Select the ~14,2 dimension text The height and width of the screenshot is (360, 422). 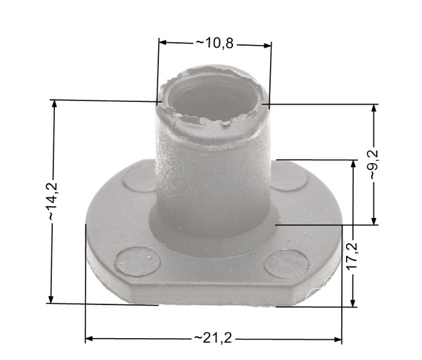tap(53, 202)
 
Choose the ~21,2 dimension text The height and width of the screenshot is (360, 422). tap(213, 338)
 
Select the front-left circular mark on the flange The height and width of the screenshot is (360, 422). tap(137, 261)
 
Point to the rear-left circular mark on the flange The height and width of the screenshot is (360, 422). tap(139, 179)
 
